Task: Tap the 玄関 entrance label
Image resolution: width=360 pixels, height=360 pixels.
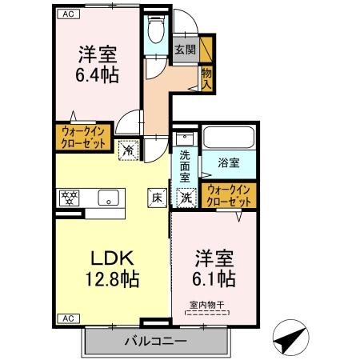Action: coord(185,50)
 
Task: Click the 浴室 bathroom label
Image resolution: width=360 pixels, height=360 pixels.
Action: coord(230,162)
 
